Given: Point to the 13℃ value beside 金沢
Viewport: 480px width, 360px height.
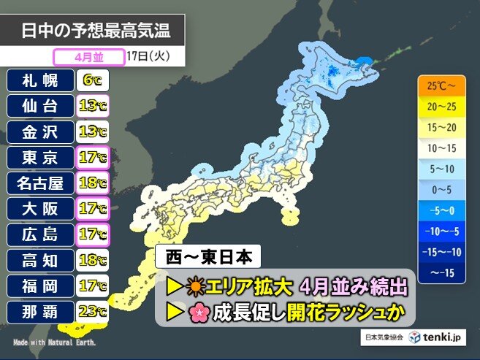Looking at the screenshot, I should (91, 132).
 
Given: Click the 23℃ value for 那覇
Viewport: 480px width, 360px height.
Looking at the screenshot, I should (91, 313).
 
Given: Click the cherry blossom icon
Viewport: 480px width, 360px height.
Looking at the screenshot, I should (198, 313).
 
